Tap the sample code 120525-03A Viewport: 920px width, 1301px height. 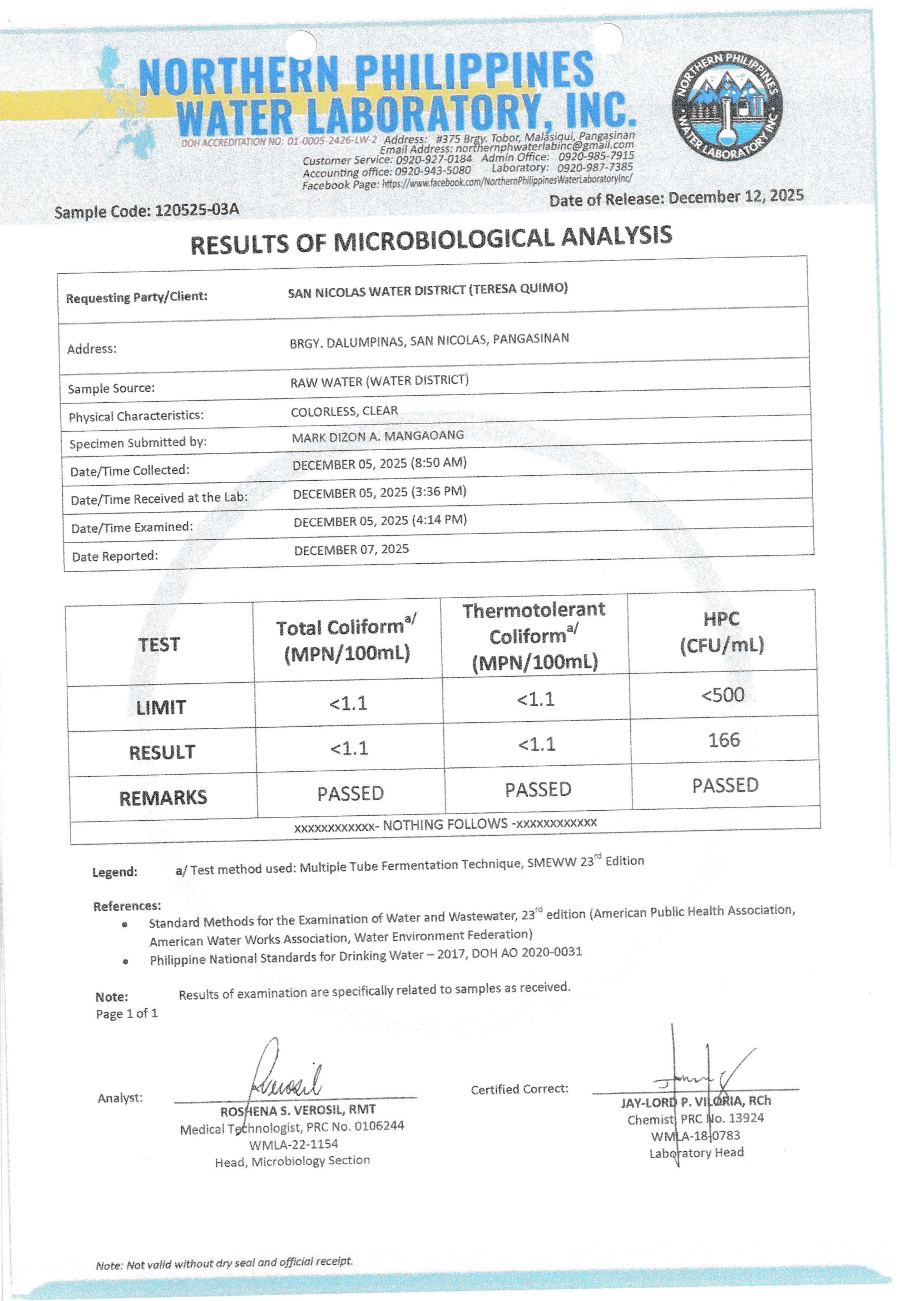tap(196, 210)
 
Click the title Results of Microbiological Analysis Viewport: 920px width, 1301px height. tap(431, 240)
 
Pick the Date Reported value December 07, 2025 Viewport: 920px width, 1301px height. tap(351, 550)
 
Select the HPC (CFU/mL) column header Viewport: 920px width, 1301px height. tap(722, 632)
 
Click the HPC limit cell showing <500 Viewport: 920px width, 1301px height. tap(723, 694)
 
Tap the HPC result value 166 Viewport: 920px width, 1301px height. tap(724, 740)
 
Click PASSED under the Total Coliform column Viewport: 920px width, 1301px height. tap(350, 794)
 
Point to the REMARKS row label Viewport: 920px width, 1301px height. tap(163, 798)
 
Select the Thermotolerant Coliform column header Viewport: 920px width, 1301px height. tap(534, 636)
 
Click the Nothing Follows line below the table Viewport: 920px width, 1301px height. tap(446, 825)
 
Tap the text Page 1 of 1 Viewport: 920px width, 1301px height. tap(127, 1013)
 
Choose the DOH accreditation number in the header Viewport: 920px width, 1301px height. tap(279, 142)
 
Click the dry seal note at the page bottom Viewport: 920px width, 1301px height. tap(224, 1263)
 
